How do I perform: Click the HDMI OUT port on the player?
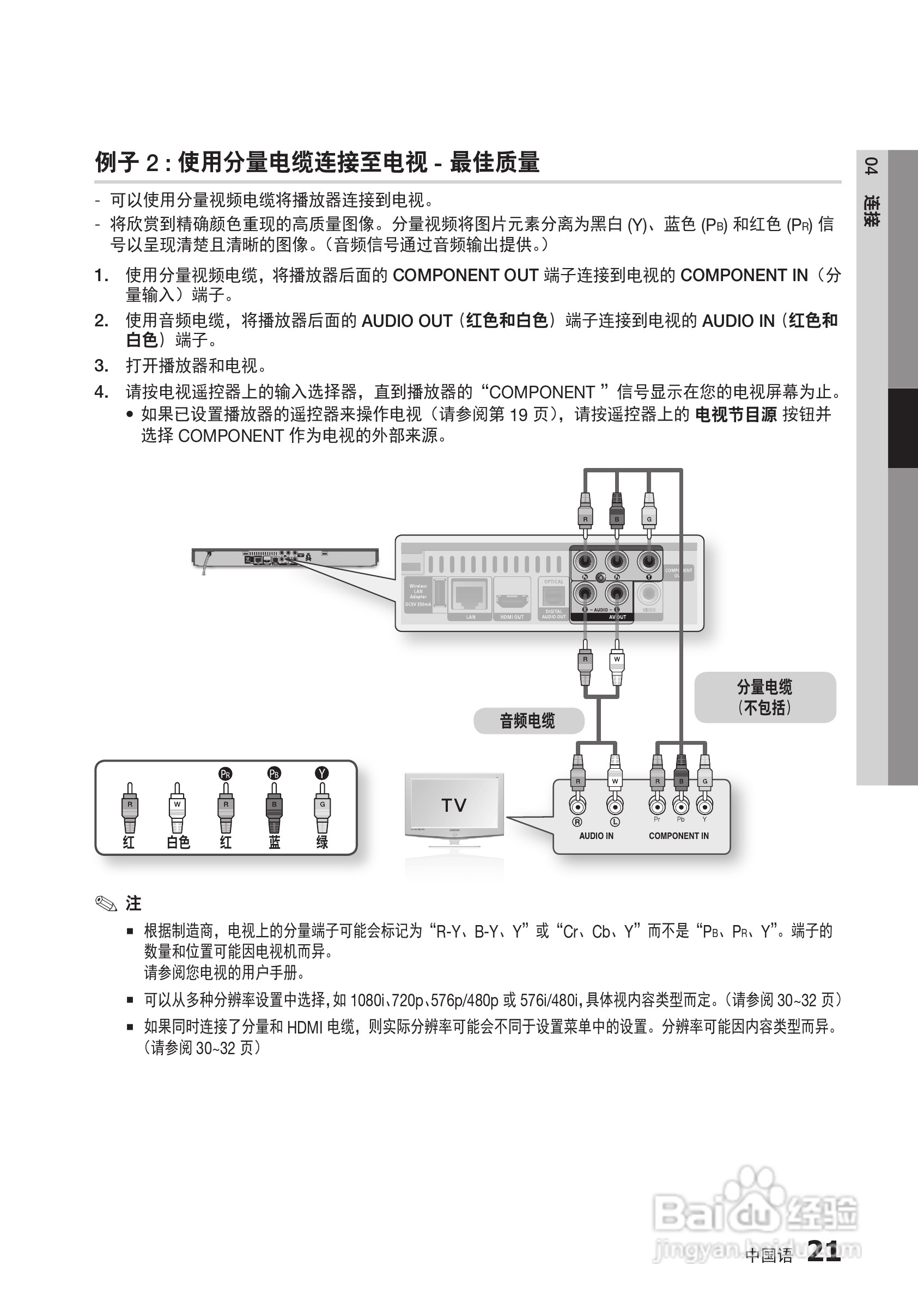512,599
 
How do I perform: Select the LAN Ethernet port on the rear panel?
470,596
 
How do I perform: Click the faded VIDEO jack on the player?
649,594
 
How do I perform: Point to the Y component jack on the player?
649,562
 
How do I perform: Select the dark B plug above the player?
617,510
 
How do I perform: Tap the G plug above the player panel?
649,510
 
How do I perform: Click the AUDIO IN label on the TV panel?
596,836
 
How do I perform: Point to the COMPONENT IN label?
678,836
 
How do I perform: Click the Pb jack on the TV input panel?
681,806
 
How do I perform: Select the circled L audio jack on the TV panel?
615,805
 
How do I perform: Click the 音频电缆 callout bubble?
528,721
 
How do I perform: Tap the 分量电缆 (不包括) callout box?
765,697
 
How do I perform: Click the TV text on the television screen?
454,805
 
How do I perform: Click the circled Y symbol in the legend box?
322,774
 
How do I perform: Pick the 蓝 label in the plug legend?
274,843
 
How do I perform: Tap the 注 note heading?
133,903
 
